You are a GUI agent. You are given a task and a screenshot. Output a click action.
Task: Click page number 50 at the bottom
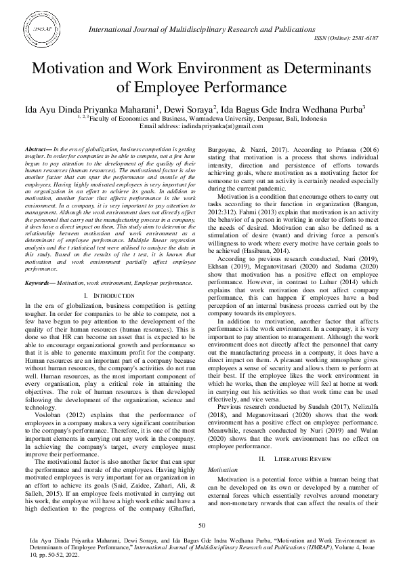pos(201,526)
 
